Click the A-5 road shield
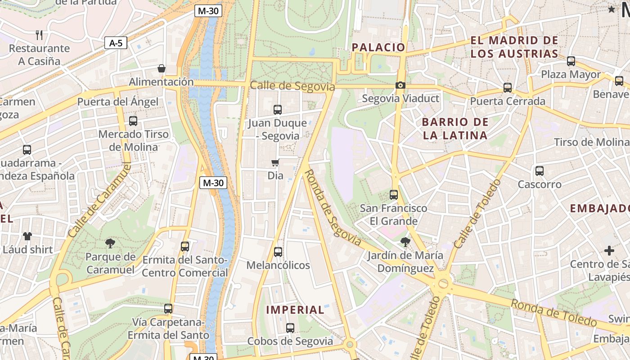(116, 43)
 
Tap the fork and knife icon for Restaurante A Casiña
(39, 35)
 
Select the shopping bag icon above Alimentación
(162, 68)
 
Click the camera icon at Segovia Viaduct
(400, 85)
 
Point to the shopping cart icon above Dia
(275, 162)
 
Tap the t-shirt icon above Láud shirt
(27, 236)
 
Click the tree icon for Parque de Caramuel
(110, 243)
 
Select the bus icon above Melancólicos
(278, 252)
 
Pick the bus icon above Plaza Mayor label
(571, 61)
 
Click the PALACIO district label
(378, 47)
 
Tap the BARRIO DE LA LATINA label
(455, 129)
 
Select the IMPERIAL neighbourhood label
(295, 310)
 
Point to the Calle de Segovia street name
(292, 86)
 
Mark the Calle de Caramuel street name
(99, 201)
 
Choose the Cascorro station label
(540, 184)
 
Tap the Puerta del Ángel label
(118, 102)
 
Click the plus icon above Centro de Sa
(609, 250)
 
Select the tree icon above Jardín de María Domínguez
(405, 242)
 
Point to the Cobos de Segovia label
(290, 342)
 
